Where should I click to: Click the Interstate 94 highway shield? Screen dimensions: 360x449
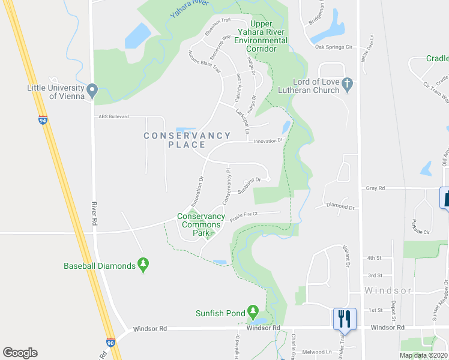pos(43,120)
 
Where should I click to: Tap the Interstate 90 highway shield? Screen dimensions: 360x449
pos(110,342)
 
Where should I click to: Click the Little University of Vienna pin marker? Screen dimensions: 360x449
pos(92,91)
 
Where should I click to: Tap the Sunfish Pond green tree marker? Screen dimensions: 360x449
pos(253,312)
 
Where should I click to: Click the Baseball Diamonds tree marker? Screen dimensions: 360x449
pos(143,264)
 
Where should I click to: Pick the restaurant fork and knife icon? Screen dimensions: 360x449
pos(345,317)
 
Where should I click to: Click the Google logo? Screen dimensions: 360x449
pos(20,353)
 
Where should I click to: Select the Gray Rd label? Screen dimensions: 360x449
pos(375,188)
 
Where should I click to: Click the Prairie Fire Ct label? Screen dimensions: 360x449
pos(243,213)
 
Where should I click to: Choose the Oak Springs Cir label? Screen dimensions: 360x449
pos(331,46)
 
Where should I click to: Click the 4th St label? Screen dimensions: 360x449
pos(375,258)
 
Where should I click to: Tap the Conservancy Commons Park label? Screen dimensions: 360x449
pos(200,221)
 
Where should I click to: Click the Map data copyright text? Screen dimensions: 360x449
pos(423,355)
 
